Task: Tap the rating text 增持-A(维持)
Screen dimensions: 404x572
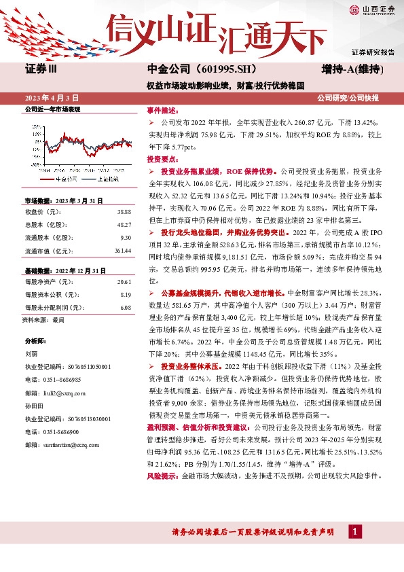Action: point(354,69)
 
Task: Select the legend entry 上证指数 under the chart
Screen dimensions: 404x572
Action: point(105,179)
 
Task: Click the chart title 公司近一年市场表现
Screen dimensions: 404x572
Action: point(52,109)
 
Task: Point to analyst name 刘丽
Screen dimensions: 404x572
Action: point(31,354)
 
